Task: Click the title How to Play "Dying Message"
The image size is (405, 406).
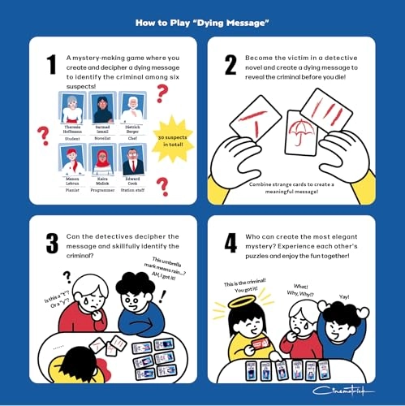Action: click(202, 23)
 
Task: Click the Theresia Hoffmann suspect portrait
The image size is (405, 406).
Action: click(72, 107)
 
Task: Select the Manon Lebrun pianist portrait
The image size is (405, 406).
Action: click(72, 158)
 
